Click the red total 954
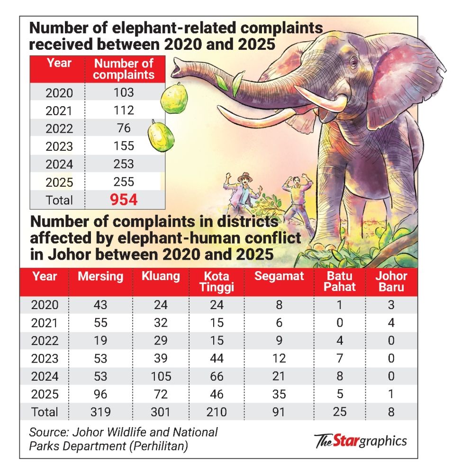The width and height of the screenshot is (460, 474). click(124, 200)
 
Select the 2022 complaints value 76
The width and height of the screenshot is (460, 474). click(124, 128)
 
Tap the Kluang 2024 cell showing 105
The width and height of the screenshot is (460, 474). click(161, 376)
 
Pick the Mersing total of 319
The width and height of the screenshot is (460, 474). click(100, 411)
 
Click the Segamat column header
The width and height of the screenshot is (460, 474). click(279, 276)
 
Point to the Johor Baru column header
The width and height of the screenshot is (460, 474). click(391, 282)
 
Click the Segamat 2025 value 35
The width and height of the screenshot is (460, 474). click(279, 394)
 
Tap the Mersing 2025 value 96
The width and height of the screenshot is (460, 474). click(100, 394)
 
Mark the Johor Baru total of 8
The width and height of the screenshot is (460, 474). click(391, 411)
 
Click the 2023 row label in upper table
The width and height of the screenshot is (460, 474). click(59, 146)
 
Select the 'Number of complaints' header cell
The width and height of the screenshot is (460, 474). click(124, 69)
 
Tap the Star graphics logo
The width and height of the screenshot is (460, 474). click(361, 441)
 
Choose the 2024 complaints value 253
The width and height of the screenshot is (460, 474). click(124, 164)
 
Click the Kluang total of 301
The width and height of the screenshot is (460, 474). click(161, 411)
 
